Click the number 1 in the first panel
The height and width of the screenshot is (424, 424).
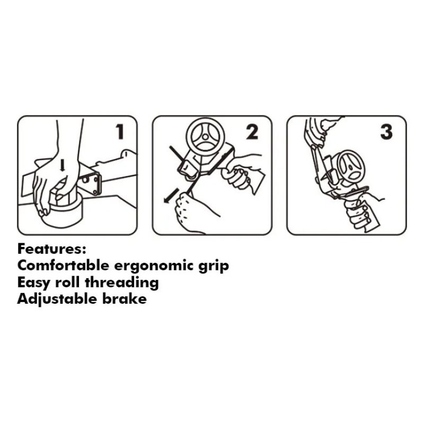pos(120,131)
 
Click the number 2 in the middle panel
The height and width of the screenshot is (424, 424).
pos(252,131)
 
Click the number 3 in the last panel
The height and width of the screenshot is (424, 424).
pos(386,132)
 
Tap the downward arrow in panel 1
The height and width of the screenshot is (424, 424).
pos(63,165)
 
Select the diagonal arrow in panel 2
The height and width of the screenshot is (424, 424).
pos(171,195)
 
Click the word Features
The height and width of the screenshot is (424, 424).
pos(51,249)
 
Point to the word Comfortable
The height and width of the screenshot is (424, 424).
pos(63,266)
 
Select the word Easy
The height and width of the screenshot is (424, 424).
pos(34,283)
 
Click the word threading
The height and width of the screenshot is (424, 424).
pos(122,283)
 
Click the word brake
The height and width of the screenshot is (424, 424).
pos(125,299)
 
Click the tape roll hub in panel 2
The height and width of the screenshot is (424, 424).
pos(205,137)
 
